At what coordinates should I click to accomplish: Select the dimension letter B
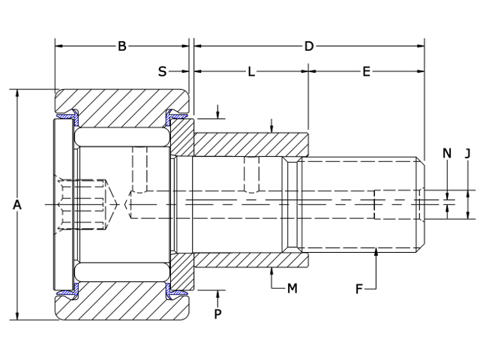click(121, 46)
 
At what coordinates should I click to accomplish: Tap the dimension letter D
click(308, 46)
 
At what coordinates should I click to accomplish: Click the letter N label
click(447, 154)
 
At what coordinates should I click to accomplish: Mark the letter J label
click(467, 154)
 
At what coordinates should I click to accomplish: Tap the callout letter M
click(292, 287)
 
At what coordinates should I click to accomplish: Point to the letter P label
click(218, 313)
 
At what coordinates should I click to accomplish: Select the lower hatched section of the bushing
click(251, 260)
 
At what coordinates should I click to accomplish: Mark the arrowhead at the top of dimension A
click(17, 93)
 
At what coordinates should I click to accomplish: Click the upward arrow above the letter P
click(218, 292)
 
